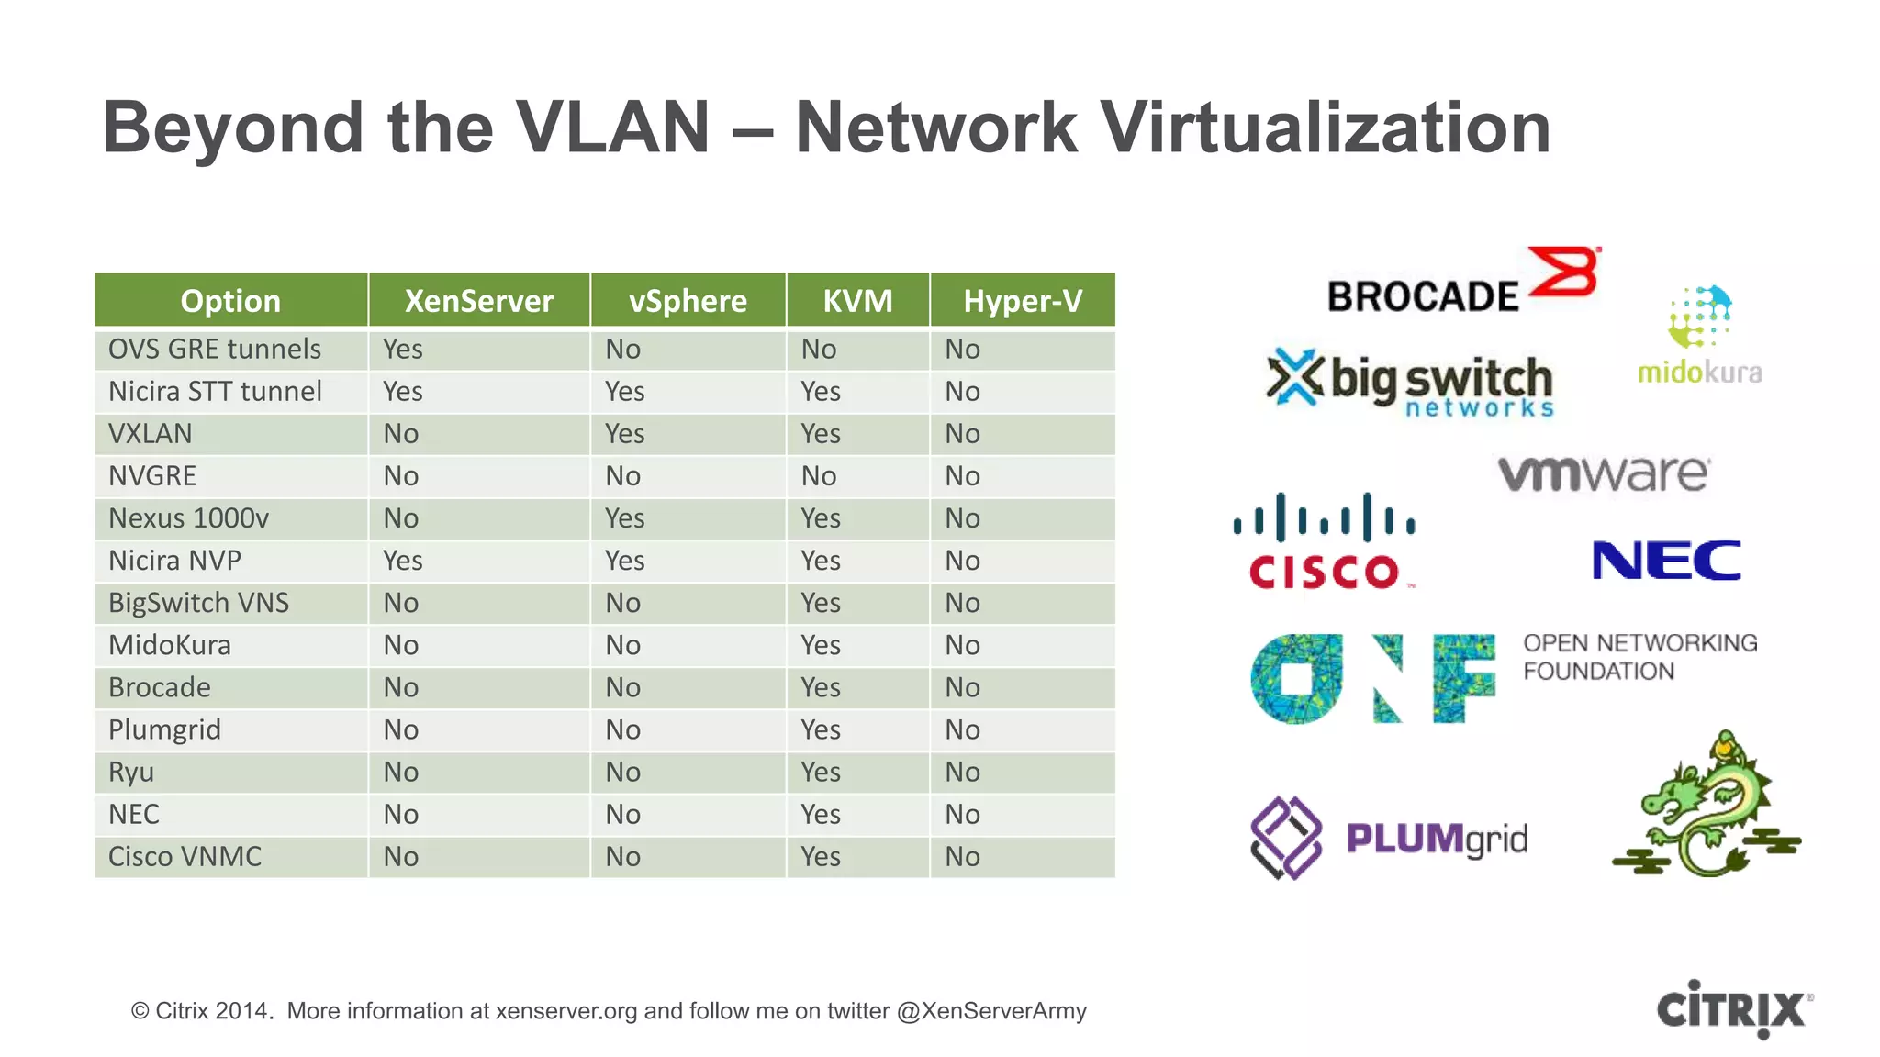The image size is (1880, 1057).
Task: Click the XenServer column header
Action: pos(478,301)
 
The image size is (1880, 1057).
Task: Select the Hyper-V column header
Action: pos(1023,301)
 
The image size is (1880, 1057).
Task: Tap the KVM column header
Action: pos(857,301)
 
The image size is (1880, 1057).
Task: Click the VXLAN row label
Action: pos(151,434)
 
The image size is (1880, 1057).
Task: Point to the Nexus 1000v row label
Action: pos(189,518)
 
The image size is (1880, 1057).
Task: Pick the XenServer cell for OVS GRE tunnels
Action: pos(403,350)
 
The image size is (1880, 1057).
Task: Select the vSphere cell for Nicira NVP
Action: pos(625,561)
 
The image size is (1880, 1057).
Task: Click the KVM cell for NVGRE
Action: pos(819,476)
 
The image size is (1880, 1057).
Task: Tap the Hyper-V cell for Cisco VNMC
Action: pos(963,857)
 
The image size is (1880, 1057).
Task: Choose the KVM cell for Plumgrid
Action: pos(821,730)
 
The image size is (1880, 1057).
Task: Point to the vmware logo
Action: pos(1604,473)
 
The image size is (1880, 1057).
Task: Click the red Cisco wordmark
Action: pos(1324,573)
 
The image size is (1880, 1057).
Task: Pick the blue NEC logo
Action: pos(1666,561)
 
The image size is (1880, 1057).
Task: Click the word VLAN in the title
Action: pos(612,128)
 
